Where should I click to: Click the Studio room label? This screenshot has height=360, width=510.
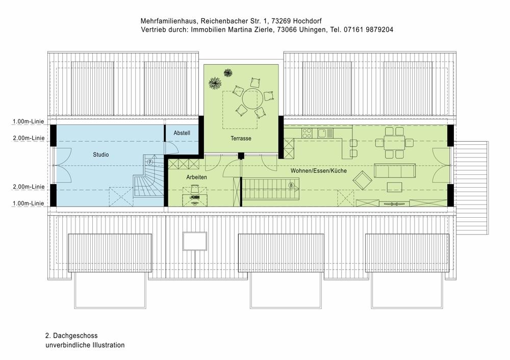(101, 155)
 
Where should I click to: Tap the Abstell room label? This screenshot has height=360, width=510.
(182, 133)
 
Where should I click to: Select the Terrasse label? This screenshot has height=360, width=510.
(241, 138)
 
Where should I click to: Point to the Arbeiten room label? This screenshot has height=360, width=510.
(196, 177)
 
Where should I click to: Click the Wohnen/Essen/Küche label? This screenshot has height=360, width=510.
(319, 170)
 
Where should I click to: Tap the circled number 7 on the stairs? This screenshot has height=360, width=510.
(150, 162)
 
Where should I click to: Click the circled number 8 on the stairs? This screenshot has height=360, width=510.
(291, 186)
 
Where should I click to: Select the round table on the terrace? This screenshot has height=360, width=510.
(252, 99)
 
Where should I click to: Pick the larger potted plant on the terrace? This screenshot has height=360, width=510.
(215, 83)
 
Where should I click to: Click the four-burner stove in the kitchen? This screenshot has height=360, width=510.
(307, 133)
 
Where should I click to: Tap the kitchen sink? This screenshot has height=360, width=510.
(325, 133)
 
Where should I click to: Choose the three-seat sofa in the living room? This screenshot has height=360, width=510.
(395, 170)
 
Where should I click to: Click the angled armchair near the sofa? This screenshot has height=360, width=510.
(362, 180)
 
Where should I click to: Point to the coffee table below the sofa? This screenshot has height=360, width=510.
(394, 187)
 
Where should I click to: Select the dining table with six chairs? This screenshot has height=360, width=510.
(394, 142)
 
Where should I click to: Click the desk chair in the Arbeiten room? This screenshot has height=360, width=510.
(194, 189)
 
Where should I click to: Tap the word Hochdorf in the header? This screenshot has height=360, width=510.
(308, 21)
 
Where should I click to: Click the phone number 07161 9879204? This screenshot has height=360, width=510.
(368, 30)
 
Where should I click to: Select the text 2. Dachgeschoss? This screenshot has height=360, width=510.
(71, 336)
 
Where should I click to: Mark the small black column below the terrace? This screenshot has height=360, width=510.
(241, 156)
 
